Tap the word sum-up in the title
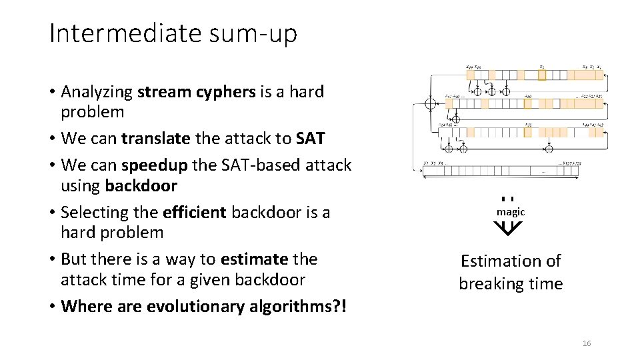click(x=263, y=34)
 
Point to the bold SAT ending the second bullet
click(x=310, y=139)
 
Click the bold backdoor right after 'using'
click(x=141, y=186)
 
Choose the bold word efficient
click(x=194, y=213)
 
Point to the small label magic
click(x=511, y=212)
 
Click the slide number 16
click(x=587, y=343)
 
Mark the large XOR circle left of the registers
click(x=431, y=103)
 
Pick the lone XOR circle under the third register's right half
click(x=551, y=147)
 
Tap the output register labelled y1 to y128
click(x=500, y=171)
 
